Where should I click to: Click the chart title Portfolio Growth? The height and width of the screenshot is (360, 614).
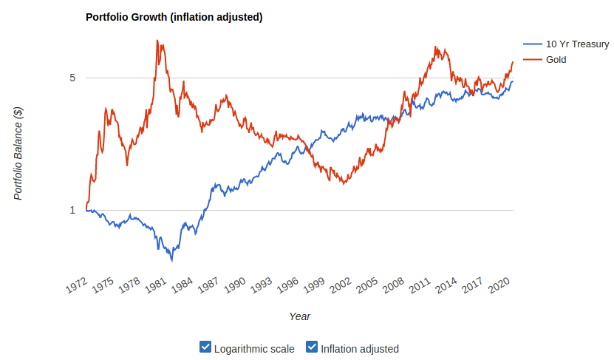174,17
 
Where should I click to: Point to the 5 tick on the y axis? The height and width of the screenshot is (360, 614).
72,78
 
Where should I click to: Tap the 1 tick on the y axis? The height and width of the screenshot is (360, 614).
72,210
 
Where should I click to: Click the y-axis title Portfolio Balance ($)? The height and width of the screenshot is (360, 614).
19,153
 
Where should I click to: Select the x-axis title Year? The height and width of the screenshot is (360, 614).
299,316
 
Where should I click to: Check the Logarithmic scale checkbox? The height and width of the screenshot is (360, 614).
205,347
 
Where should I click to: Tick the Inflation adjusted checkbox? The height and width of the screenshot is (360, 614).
312,347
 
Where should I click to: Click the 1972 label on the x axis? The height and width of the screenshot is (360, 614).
77,286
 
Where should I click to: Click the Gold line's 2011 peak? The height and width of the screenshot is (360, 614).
437,47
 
